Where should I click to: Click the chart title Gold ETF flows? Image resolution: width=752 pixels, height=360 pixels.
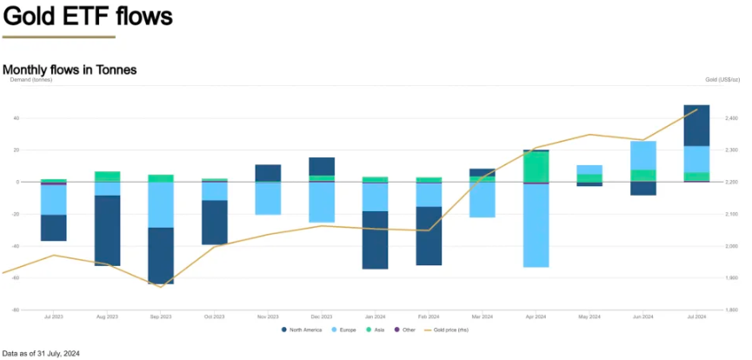88,17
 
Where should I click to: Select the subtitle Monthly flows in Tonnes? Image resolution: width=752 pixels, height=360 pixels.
70,70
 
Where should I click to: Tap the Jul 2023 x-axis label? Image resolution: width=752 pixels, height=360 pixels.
53,317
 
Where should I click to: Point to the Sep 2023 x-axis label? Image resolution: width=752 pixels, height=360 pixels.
161,317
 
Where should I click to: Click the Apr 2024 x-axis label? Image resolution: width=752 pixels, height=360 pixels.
536,317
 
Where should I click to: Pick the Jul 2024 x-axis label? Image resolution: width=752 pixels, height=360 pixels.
696,317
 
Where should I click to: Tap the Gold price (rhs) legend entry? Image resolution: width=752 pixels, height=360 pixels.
447,330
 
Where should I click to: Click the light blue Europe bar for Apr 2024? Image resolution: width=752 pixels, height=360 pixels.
536,225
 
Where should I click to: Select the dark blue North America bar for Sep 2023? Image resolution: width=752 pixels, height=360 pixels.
161,256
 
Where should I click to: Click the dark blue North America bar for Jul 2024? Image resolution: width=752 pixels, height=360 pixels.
696,125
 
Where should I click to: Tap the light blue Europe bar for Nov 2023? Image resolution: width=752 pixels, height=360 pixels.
268,198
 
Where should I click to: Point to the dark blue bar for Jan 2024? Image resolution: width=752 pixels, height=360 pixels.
375,240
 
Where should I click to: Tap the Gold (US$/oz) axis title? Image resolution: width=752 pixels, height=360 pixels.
722,80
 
